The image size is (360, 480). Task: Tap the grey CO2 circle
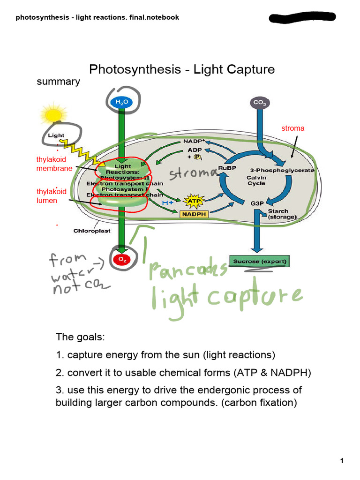(259, 102)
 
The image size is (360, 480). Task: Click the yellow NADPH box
(194, 214)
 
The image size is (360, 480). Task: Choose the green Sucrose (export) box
(259, 261)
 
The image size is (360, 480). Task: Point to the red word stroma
(292, 128)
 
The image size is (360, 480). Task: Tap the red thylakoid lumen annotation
(52, 196)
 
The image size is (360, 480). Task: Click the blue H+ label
(168, 202)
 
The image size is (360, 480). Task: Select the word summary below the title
(58, 82)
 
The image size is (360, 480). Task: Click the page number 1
(342, 461)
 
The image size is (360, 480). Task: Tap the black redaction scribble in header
(302, 18)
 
